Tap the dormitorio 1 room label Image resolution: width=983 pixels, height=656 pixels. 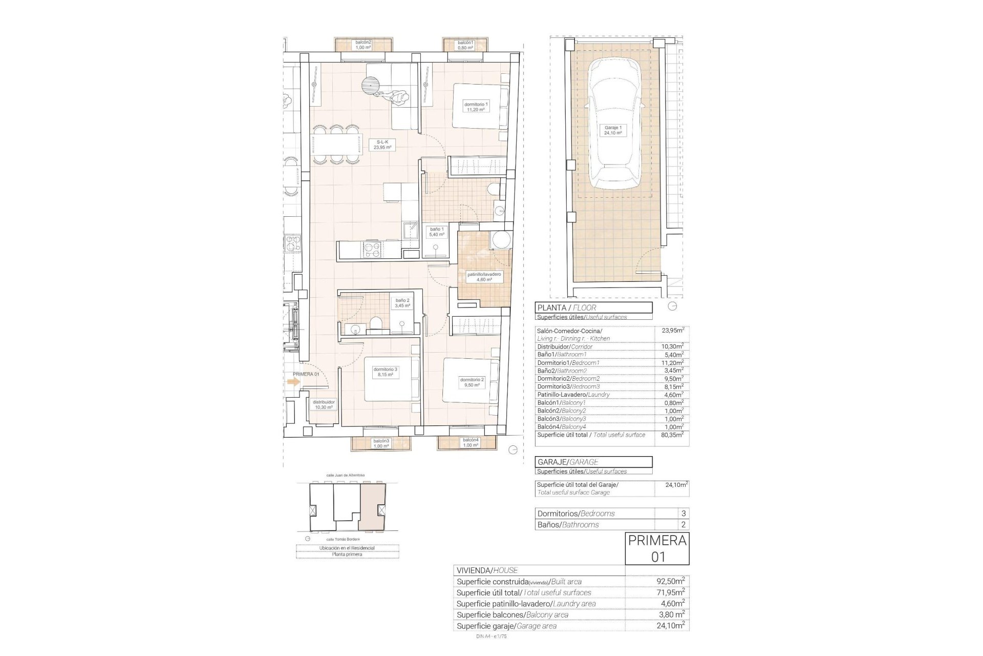coord(476,106)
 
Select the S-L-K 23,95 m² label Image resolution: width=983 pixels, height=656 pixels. coord(383,144)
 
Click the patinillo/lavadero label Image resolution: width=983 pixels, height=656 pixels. coord(484,277)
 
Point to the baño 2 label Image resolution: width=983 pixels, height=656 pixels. coord(402,303)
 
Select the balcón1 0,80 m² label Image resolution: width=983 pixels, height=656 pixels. coord(465,45)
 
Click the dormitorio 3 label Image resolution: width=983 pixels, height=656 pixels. coord(385,372)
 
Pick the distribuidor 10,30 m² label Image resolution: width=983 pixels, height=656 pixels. coord(323,405)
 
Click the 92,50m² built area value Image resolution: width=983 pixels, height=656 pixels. coord(671,581)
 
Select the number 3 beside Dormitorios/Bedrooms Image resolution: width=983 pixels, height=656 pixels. coord(683,513)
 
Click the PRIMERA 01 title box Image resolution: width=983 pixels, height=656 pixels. coord(657,548)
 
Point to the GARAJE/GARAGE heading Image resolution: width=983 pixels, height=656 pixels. coord(594,462)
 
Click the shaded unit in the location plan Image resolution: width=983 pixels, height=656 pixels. coord(372,508)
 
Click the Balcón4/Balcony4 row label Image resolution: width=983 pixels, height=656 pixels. coord(561,426)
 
